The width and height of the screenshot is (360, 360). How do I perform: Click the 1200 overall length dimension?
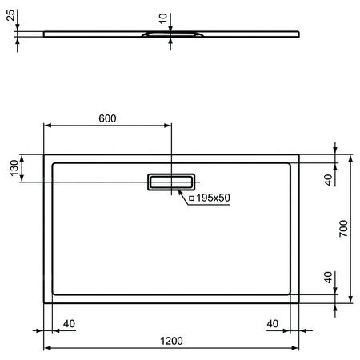point(170,340)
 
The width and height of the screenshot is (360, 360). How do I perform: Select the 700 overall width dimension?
point(343,230)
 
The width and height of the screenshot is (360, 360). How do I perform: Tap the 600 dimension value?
point(107,118)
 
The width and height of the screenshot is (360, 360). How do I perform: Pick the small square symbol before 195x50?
point(190,197)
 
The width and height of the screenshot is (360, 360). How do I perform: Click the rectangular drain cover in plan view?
point(170,182)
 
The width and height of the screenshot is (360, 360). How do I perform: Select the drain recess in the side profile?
point(170,34)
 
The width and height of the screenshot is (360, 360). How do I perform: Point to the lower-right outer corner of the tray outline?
point(299,303)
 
